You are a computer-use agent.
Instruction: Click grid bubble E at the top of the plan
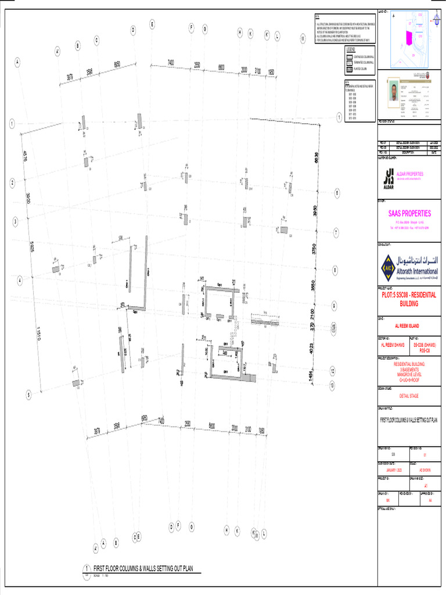(x=152, y=24)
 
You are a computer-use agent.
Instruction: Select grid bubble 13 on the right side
(x=332, y=385)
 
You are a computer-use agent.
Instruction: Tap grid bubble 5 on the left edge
(x=28, y=395)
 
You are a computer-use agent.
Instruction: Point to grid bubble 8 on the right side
(x=335, y=270)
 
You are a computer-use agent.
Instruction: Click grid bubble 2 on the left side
(x=12, y=182)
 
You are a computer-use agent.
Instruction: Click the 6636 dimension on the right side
(x=316, y=157)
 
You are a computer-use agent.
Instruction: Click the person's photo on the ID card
(x=394, y=92)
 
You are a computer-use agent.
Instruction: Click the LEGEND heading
(x=350, y=51)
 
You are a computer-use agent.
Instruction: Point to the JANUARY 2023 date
(x=387, y=471)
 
